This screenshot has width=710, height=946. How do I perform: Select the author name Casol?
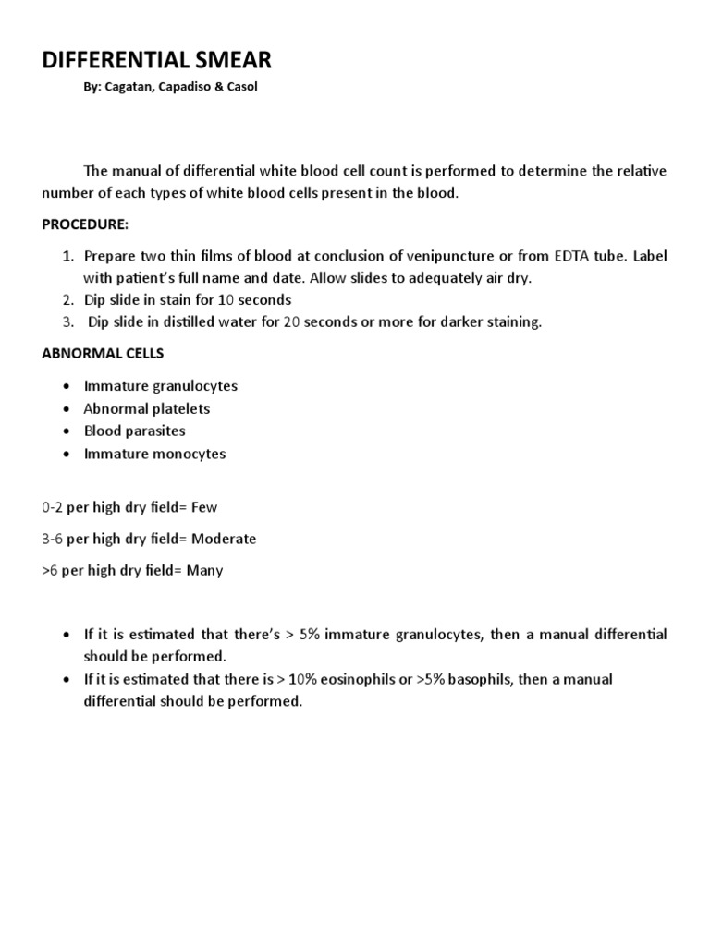pyautogui.click(x=241, y=88)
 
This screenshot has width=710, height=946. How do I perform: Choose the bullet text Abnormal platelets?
pyautogui.click(x=147, y=408)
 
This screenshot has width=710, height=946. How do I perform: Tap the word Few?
pyautogui.click(x=202, y=507)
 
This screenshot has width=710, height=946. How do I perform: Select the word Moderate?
pyautogui.click(x=222, y=539)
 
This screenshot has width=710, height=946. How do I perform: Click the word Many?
pyautogui.click(x=204, y=570)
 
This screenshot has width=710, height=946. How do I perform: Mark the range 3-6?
pyautogui.click(x=53, y=539)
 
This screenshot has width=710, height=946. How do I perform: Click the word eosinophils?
pyautogui.click(x=321, y=679)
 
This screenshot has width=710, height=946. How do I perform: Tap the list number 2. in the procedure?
pyautogui.click(x=67, y=299)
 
